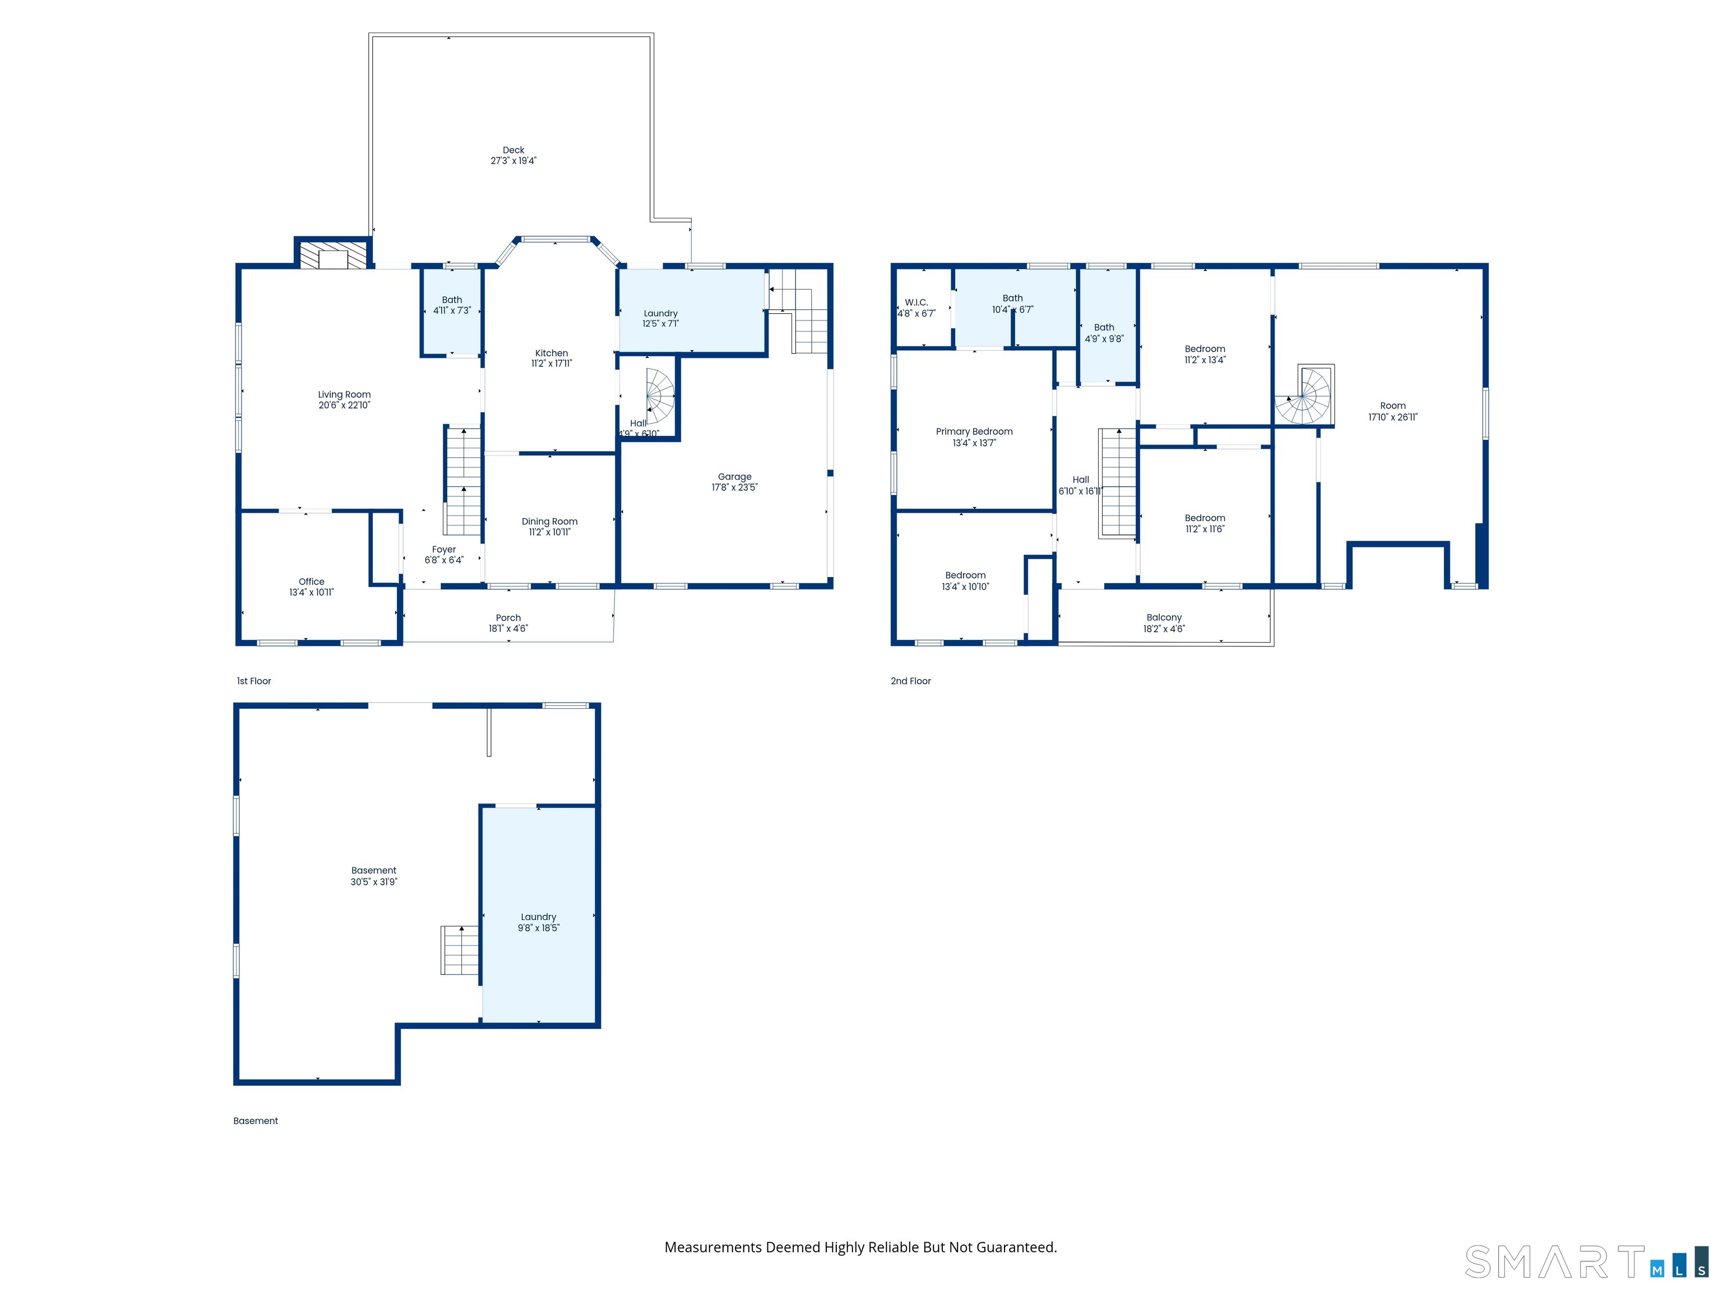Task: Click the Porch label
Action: pos(508,618)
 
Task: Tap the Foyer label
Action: pos(444,549)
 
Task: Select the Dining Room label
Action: pos(549,521)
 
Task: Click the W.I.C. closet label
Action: pos(916,303)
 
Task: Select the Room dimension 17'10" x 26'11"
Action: pos(1393,417)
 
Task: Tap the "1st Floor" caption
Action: pos(254,681)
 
